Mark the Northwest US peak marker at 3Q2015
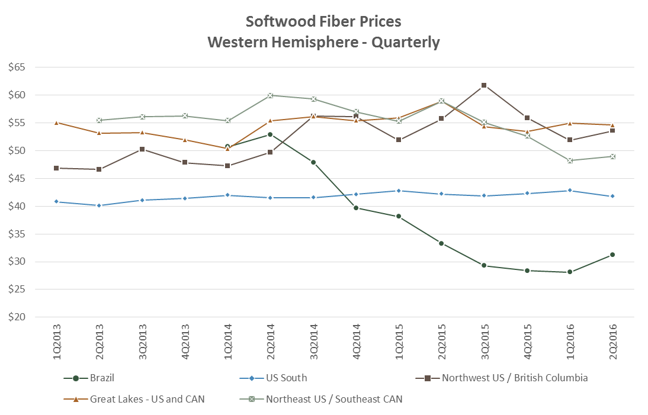pyautogui.click(x=484, y=85)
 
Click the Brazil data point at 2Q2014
pyautogui.click(x=270, y=134)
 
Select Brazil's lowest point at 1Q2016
pyautogui.click(x=570, y=272)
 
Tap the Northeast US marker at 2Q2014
pyautogui.click(x=270, y=95)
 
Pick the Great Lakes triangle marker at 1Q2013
pyautogui.click(x=56, y=123)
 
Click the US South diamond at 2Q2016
pyautogui.click(x=612, y=196)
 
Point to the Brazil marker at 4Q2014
pyautogui.click(x=356, y=208)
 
